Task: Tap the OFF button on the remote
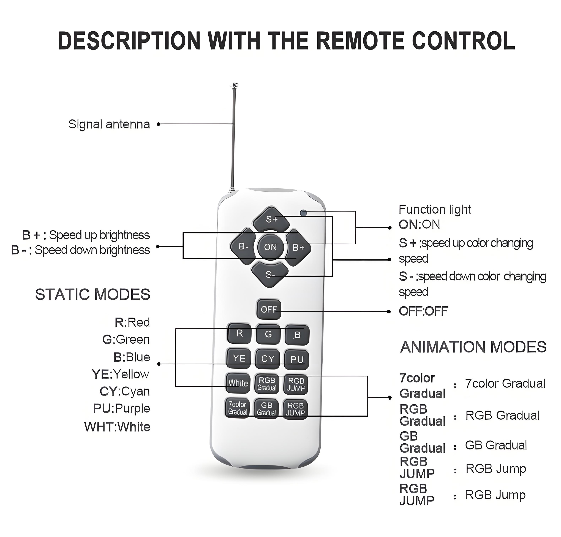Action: pyautogui.click(x=268, y=310)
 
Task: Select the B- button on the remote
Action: pyautogui.click(x=243, y=246)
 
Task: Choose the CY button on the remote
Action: pyautogui.click(x=268, y=359)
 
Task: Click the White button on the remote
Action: pyautogui.click(x=238, y=383)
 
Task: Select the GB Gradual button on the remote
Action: pyautogui.click(x=266, y=409)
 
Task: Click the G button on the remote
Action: pyautogui.click(x=268, y=334)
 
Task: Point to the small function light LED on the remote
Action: pyautogui.click(x=303, y=213)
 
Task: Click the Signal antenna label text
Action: pyautogui.click(x=109, y=124)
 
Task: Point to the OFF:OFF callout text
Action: pyautogui.click(x=423, y=311)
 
